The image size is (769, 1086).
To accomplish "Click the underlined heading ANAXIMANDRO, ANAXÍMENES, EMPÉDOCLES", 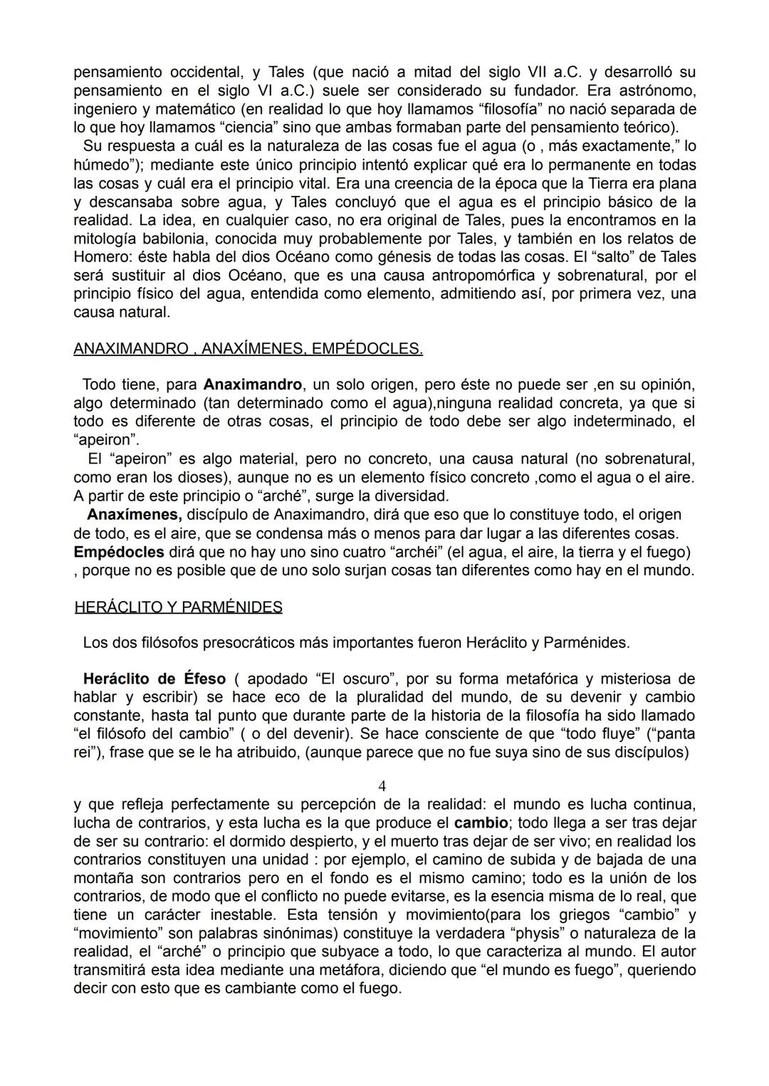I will tap(248, 349).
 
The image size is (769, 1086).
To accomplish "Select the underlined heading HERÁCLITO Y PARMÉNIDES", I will tap(178, 607).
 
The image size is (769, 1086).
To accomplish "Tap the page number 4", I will tap(382, 786).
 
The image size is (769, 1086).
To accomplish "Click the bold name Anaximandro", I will tap(253, 385).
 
